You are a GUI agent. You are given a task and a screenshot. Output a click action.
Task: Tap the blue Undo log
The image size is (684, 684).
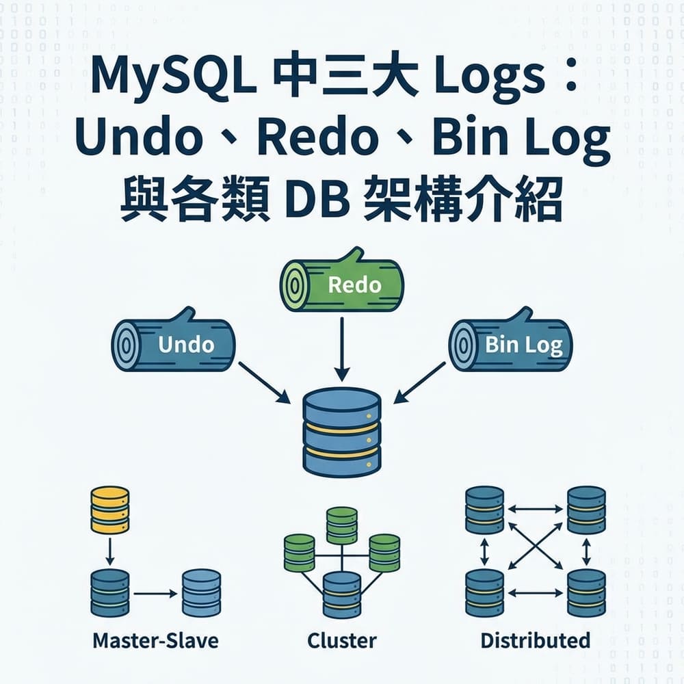click(x=174, y=344)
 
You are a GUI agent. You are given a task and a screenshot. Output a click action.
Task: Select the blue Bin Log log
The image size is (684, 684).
click(x=510, y=343)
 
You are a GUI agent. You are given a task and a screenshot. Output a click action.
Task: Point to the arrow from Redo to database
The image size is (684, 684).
click(x=341, y=349)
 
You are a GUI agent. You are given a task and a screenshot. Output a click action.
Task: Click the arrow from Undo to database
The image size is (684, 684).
click(x=263, y=383)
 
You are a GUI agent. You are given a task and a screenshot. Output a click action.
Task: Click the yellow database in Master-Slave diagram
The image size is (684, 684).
click(x=109, y=510)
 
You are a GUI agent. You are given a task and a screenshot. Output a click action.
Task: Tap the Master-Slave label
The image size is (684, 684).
click(x=155, y=640)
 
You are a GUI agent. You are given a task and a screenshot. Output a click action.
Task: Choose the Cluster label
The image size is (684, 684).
click(x=341, y=640)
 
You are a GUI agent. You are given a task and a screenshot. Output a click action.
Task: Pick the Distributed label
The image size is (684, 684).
click(x=535, y=640)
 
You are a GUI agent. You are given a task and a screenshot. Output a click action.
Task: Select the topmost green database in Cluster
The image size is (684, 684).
click(x=341, y=525)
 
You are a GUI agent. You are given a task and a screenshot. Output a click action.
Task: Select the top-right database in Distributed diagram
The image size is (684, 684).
click(x=586, y=510)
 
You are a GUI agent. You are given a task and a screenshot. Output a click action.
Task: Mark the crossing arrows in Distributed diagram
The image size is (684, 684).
click(x=536, y=551)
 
